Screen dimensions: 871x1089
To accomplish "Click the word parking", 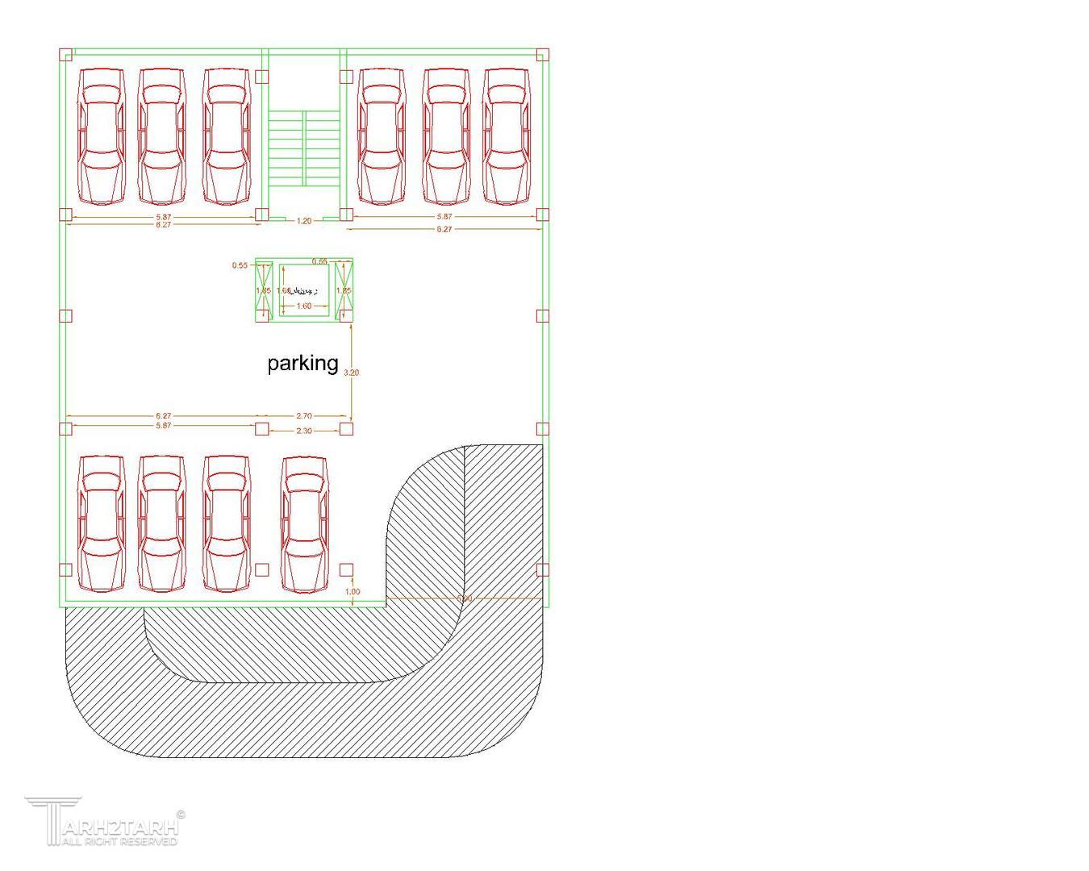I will [x=302, y=363].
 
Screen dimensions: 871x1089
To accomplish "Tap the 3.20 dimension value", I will [x=351, y=373].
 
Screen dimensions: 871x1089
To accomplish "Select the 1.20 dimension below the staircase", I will [x=303, y=220].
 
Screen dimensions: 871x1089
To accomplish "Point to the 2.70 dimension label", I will [x=303, y=416].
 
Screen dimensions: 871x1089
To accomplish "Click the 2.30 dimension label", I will [x=303, y=431].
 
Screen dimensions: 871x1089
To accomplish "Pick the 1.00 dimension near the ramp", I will [x=353, y=592].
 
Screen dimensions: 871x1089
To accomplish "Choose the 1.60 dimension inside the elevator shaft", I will [x=303, y=306].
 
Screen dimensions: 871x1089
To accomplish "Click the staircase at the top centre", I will [x=303, y=145].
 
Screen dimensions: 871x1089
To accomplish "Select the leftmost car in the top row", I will [x=102, y=135].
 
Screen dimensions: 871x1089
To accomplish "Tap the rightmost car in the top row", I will [x=507, y=135].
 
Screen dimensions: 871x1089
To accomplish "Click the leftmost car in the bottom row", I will [x=102, y=523].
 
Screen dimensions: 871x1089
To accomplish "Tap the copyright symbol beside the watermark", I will [x=180, y=815].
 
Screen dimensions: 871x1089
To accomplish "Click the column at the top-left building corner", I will [x=66, y=54].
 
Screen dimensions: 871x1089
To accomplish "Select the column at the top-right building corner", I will [x=542, y=54].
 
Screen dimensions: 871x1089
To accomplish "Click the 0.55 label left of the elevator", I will [x=240, y=265].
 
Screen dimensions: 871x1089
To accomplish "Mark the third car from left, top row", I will [x=226, y=135].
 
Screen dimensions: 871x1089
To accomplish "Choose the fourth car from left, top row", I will [x=381, y=135].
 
